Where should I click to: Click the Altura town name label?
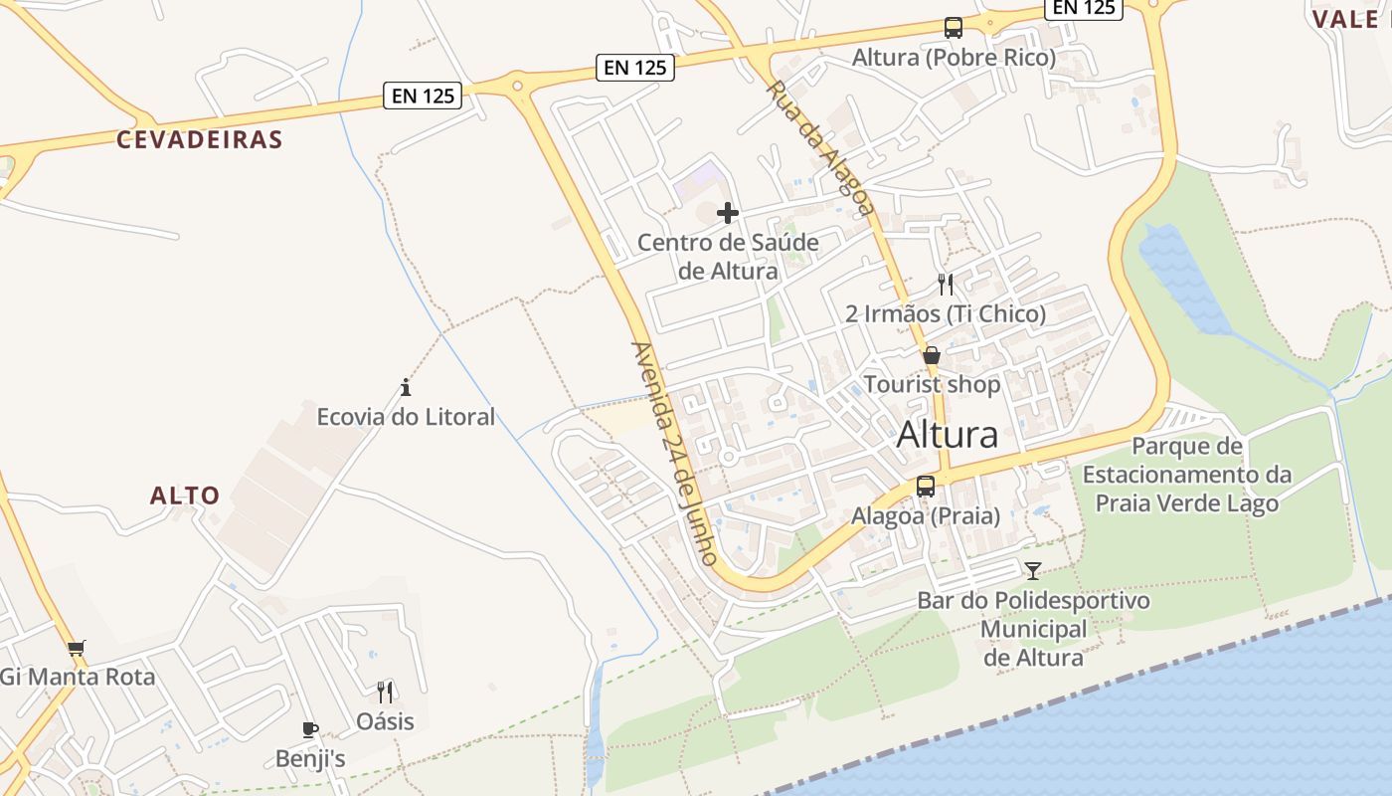pyautogui.click(x=948, y=435)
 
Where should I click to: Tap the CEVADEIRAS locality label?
pyautogui.click(x=200, y=139)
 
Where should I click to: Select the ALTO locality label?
pyautogui.click(x=185, y=496)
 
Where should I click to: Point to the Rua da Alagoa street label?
pyautogui.click(x=821, y=148)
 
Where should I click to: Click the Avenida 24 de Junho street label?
pyautogui.click(x=674, y=454)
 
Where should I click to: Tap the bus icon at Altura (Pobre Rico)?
pyautogui.click(x=954, y=28)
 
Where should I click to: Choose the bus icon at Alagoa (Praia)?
pyautogui.click(x=926, y=487)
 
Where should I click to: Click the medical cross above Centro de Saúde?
pyautogui.click(x=728, y=213)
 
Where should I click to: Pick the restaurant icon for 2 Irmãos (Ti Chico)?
pyautogui.click(x=946, y=285)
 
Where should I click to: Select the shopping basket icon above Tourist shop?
pyautogui.click(x=932, y=355)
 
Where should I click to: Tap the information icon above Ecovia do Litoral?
pyautogui.click(x=406, y=387)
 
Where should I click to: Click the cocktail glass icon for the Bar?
pyautogui.click(x=1033, y=571)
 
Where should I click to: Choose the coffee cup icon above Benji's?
pyautogui.click(x=310, y=729)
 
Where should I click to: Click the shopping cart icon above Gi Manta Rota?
pyautogui.click(x=77, y=648)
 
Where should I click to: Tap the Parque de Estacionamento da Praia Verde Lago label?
pyautogui.click(x=1187, y=475)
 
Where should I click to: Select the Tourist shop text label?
pyautogui.click(x=933, y=384)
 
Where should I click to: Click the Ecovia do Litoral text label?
pyautogui.click(x=406, y=416)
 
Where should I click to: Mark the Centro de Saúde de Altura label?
pyautogui.click(x=728, y=256)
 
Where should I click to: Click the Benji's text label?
pyautogui.click(x=310, y=758)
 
